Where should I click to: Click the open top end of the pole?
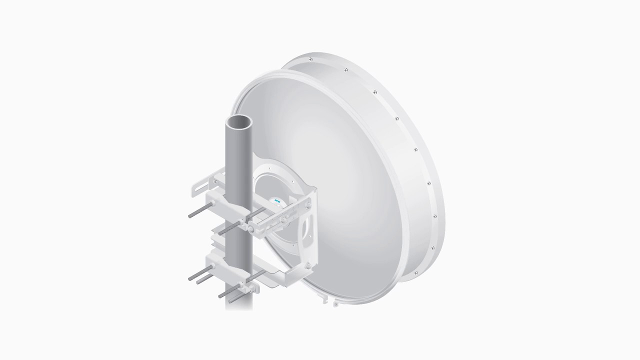click(x=239, y=122)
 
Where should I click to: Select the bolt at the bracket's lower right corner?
click(x=308, y=265)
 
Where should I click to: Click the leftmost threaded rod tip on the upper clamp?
click(x=190, y=216)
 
